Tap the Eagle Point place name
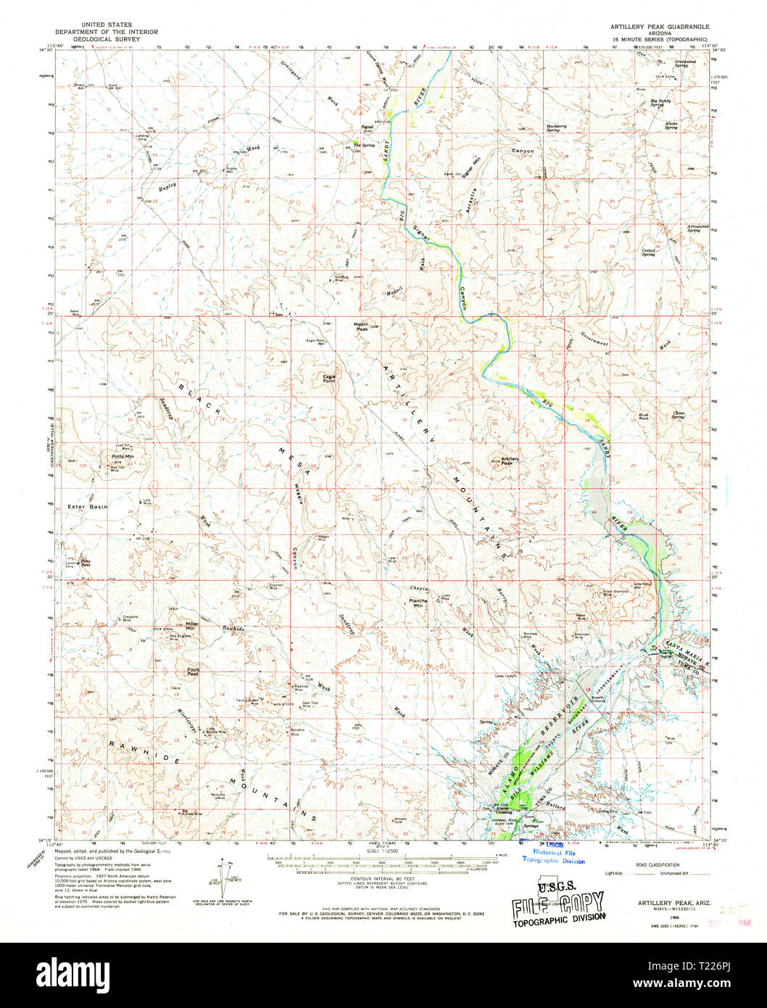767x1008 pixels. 329,378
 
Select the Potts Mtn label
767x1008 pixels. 123,457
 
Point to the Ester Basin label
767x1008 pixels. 87,507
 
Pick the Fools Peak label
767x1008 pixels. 193,672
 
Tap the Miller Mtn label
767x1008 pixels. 191,625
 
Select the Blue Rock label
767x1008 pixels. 643,417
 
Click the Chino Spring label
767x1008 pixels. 678,415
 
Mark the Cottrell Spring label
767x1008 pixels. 648,252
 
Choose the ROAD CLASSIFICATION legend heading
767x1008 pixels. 659,865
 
